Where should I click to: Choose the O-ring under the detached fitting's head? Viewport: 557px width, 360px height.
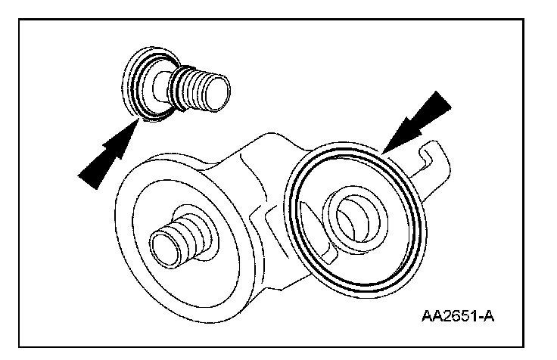point(151,113)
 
